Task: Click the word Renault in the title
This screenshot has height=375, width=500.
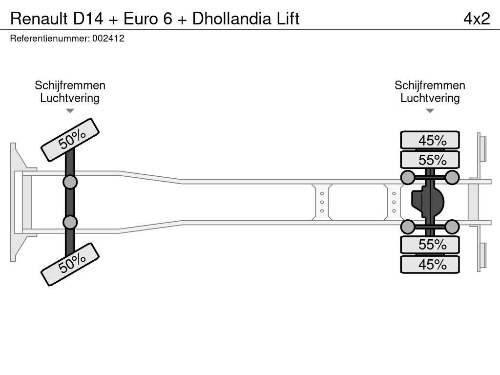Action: tap(39, 19)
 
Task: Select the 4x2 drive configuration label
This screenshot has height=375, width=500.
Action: tap(477, 19)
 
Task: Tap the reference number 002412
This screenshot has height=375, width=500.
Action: tap(108, 39)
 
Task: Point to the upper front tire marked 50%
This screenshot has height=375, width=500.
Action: tap(70, 140)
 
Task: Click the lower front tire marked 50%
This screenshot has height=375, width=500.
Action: tap(70, 264)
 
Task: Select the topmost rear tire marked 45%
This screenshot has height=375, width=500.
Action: tap(430, 140)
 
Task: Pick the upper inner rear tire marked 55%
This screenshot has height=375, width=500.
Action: tap(430, 160)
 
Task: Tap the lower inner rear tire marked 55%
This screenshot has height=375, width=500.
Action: tap(430, 245)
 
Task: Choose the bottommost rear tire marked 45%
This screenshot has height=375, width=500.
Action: tap(430, 264)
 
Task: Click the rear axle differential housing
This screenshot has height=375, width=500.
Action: tap(427, 202)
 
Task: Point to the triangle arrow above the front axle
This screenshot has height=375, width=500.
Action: tap(70, 111)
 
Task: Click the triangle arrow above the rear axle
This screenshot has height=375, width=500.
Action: tap(430, 111)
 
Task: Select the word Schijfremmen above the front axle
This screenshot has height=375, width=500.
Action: tap(70, 85)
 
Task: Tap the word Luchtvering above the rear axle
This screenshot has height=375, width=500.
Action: tap(430, 98)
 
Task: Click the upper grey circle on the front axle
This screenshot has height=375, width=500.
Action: tap(70, 183)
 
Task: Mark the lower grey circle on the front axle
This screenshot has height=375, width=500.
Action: tap(70, 222)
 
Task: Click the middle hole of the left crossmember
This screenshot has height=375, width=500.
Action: tap(322, 202)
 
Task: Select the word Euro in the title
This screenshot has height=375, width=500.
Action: tap(141, 19)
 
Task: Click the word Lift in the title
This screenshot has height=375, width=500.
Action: tap(288, 19)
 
